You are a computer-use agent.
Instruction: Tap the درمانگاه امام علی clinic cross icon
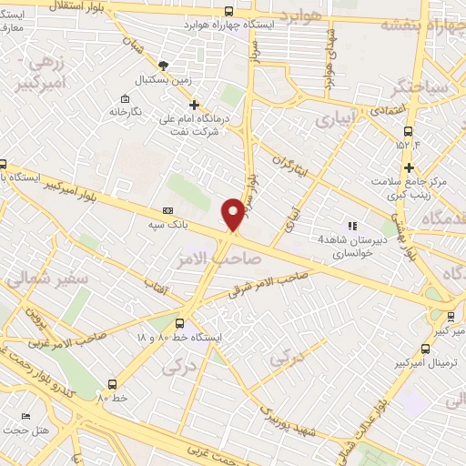pos(193,105)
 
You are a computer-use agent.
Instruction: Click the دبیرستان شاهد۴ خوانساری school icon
pos(350,226)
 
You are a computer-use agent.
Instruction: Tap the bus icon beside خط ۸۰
pos(112,384)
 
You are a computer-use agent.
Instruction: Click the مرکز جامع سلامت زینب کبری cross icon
pos(410,167)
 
